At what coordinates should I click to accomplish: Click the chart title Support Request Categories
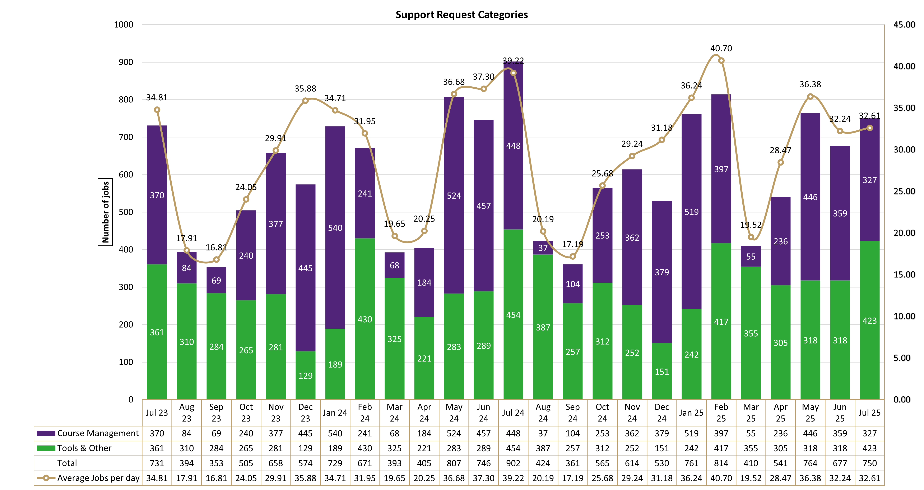(x=462, y=15)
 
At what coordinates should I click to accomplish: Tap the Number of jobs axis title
(x=105, y=212)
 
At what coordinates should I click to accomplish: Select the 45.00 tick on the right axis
(x=904, y=25)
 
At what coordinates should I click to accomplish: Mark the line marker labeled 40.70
(x=721, y=61)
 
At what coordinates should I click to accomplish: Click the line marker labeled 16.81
(x=216, y=259)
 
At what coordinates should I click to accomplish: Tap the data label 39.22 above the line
(x=513, y=61)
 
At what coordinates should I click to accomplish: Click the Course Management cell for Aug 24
(x=543, y=433)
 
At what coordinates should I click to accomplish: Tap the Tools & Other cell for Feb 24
(x=365, y=448)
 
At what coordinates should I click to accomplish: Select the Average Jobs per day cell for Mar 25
(x=751, y=478)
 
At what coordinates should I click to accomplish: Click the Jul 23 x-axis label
(x=157, y=413)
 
